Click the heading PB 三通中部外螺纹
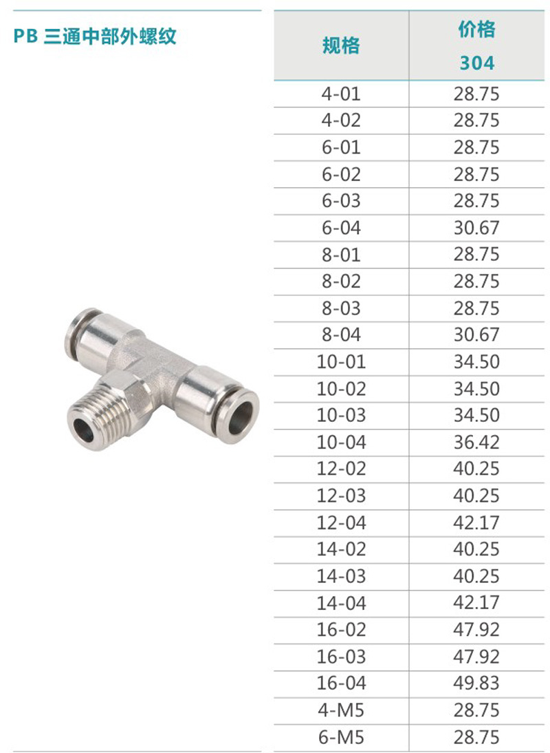click(x=95, y=36)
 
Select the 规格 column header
click(x=341, y=45)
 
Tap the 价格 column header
click(x=476, y=30)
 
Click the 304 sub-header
click(x=476, y=63)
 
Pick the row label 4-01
click(x=341, y=94)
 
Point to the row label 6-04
click(x=341, y=228)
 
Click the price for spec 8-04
click(x=476, y=335)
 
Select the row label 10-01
click(x=341, y=361)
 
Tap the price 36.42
click(x=476, y=442)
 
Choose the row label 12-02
click(x=341, y=469)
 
